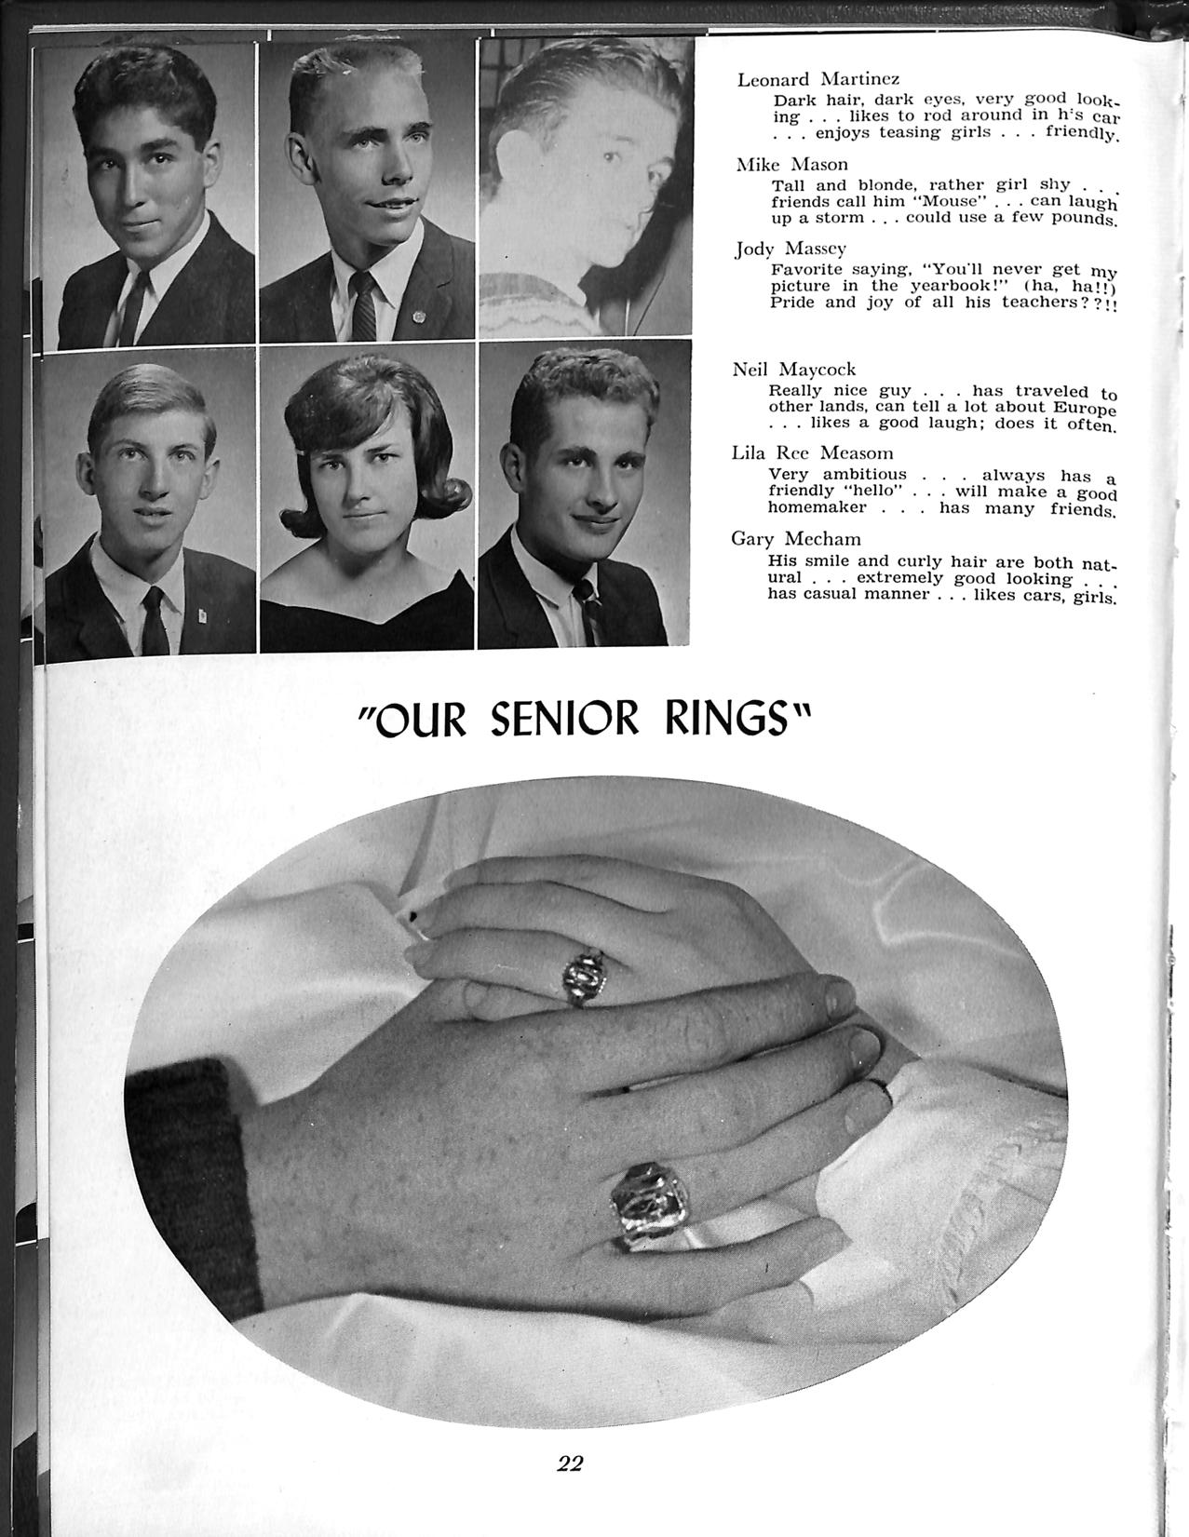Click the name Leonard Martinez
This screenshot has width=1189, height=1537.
[x=817, y=79]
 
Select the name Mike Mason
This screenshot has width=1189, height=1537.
[x=791, y=165]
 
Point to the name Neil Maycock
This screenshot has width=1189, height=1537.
[x=793, y=370]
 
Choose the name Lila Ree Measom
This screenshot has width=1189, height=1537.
[x=812, y=453]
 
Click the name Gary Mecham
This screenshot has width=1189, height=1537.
[x=795, y=539]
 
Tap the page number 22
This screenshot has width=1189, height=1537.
[x=570, y=1463]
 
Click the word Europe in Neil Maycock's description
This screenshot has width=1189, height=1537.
[x=1079, y=408]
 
